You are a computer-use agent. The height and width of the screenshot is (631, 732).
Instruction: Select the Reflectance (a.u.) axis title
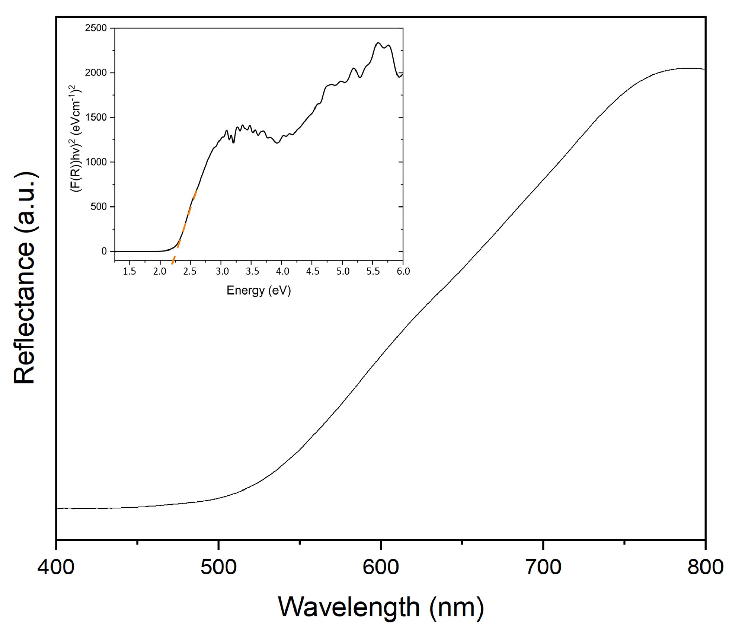pyautogui.click(x=25, y=278)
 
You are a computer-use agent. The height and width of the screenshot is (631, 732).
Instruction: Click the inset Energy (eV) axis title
pyautogui.click(x=259, y=290)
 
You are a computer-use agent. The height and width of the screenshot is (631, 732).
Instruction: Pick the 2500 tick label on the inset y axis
pyautogui.click(x=96, y=28)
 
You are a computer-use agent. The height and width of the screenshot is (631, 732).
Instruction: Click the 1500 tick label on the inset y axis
pyautogui.click(x=96, y=117)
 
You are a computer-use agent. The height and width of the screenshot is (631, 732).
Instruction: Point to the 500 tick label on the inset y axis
pyautogui.click(x=99, y=207)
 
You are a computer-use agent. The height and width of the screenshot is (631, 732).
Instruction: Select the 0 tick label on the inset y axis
pyautogui.click(x=104, y=251)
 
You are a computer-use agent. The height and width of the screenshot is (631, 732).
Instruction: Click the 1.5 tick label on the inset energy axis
pyautogui.click(x=129, y=271)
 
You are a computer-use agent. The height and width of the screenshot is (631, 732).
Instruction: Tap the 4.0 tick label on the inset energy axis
pyautogui.click(x=282, y=271)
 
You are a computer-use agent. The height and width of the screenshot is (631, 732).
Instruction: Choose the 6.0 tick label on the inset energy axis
pyautogui.click(x=403, y=271)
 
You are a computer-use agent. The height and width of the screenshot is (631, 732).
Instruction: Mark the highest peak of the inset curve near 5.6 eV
pyautogui.click(x=378, y=43)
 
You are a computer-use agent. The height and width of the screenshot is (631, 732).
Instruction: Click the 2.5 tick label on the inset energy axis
pyautogui.click(x=190, y=271)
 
